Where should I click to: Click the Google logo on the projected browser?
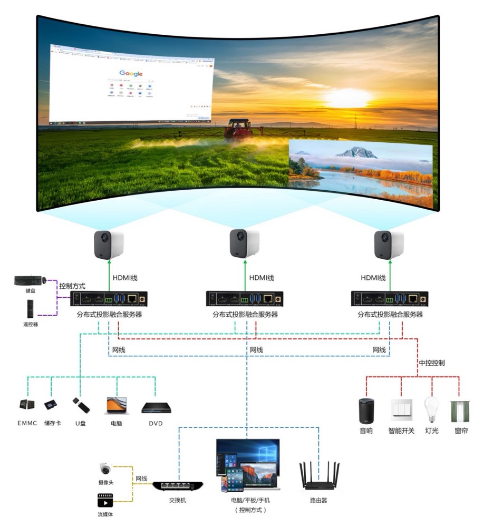(131, 73)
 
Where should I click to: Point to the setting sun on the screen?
(347, 97)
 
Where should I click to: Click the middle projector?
(244, 243)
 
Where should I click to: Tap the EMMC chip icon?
(27, 405)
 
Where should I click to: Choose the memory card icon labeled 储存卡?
(51, 405)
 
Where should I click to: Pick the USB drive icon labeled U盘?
(81, 405)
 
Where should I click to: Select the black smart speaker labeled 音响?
(366, 411)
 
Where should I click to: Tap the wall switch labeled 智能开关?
(401, 409)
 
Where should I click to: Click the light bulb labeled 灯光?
(431, 409)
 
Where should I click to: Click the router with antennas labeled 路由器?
(319, 476)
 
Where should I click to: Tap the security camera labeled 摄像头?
(105, 468)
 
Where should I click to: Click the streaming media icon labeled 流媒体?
(105, 500)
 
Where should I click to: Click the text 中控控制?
(432, 363)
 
